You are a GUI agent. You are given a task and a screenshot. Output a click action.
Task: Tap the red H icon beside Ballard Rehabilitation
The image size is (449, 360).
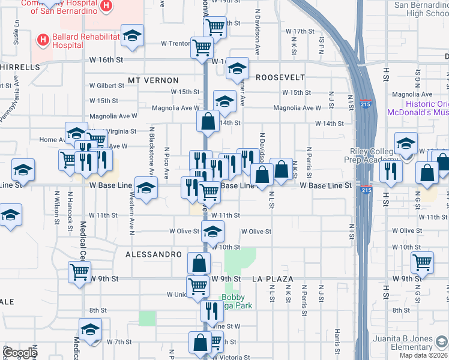coord(43,40)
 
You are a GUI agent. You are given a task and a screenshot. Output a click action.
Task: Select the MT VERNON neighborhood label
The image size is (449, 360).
coord(153,80)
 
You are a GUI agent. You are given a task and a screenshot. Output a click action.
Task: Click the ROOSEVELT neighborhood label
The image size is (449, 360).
coord(280,77)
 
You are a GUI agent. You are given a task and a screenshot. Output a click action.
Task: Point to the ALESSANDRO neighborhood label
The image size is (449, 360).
coord(154,254)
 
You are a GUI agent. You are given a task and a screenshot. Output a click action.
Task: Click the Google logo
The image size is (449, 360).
coord(20,353)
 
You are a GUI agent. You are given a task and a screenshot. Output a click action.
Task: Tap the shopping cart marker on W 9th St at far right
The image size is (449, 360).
coord(423,262)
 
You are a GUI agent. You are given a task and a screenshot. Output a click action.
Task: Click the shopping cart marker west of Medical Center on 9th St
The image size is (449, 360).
coord(79,271)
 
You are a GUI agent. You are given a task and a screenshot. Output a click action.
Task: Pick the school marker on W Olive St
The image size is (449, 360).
coord(212,231)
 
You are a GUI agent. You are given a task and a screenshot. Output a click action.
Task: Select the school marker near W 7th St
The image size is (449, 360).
coord(90,330)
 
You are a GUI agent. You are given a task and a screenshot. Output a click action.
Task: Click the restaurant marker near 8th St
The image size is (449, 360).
coord(211,311)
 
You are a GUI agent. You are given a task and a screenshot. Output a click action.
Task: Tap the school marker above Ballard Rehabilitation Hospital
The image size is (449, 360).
coord(132,35)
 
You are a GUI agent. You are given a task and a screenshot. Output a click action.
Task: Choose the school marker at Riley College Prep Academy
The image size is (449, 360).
coord(406,143)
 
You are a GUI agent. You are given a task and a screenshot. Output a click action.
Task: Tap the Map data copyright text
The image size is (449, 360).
coord(424,355)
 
